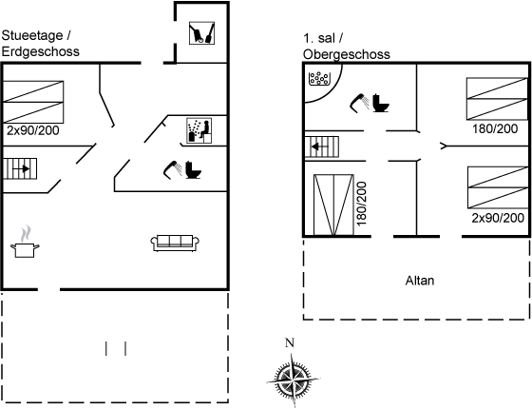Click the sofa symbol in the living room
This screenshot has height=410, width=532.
coord(175,244)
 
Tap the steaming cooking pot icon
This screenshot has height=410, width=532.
coord(25,242)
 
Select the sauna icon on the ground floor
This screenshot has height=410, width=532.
coord(199,130)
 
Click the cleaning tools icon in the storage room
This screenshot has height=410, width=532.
coord(201,33)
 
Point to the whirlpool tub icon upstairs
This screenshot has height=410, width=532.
coord(319,79)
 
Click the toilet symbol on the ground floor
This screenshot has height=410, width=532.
coord(193,170)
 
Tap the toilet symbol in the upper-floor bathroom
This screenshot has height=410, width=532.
coord(381,103)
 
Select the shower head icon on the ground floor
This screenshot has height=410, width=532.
coord(173,169)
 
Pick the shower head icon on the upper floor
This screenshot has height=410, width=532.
coord(360,103)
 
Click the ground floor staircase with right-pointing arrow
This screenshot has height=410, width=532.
coord(20,168)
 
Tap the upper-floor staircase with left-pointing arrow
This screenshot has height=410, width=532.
coord(322,146)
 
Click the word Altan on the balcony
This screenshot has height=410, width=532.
coord(420,281)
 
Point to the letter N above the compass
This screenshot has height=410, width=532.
coord(290,343)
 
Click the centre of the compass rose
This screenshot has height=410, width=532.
coord(293,380)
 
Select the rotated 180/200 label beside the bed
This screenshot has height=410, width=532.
coord(362,204)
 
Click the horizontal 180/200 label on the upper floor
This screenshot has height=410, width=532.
coord(495,128)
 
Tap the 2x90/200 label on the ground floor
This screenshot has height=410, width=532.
coord(33,130)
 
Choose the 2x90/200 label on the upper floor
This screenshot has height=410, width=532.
coord(498,218)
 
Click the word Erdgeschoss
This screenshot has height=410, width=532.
coord(40,51)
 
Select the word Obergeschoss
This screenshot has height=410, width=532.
coord(347,54)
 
